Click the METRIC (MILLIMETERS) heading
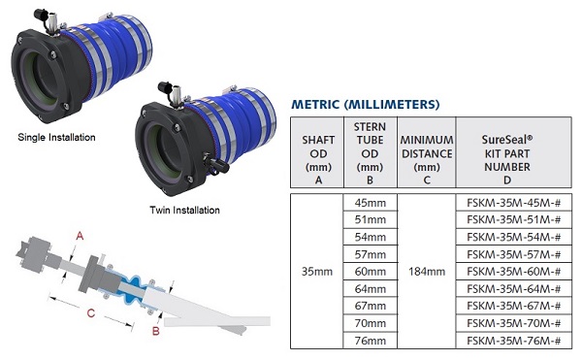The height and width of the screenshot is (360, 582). [x=366, y=104]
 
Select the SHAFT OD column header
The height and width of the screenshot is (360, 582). [x=318, y=159]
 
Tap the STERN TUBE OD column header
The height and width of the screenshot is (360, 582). [x=370, y=153]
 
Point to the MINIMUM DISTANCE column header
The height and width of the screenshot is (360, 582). [x=427, y=159]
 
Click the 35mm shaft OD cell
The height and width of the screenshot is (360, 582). [x=316, y=272]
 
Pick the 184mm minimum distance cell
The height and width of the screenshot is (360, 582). [x=427, y=272]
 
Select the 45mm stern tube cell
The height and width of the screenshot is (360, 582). [x=371, y=203]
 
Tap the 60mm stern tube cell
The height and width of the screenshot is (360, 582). [x=371, y=272]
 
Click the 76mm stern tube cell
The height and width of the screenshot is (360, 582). [x=371, y=341]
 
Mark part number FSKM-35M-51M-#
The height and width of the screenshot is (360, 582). [x=514, y=219]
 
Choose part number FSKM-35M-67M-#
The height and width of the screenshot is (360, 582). [x=514, y=307]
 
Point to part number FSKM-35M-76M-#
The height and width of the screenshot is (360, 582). [x=514, y=341]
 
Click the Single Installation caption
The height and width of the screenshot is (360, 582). [x=56, y=138]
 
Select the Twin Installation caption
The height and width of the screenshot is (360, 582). [x=184, y=210]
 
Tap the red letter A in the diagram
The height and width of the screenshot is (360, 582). [x=80, y=235]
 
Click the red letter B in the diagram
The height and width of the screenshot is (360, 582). [x=156, y=331]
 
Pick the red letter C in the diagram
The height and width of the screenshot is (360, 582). [x=91, y=313]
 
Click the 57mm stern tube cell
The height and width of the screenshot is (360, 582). [x=371, y=254]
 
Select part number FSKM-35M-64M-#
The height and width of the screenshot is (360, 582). [x=514, y=289]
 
